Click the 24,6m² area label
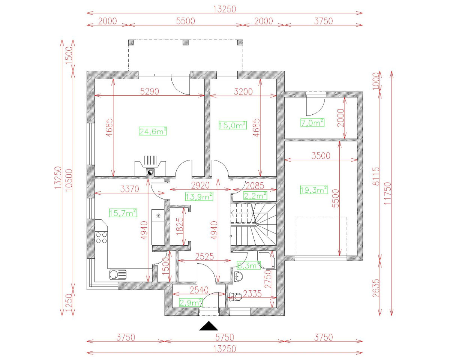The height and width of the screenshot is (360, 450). (153, 131)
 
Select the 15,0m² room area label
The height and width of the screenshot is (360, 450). (233, 125)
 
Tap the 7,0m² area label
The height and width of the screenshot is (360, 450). (312, 123)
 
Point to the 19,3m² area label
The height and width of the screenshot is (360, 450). (314, 190)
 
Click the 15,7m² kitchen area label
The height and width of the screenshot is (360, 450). (123, 213)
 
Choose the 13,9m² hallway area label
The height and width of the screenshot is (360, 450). (199, 196)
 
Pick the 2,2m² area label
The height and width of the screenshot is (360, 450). (255, 196)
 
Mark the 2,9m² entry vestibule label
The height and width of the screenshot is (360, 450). (191, 303)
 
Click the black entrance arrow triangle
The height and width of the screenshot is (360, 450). (208, 326)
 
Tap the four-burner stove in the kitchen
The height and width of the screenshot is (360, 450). (101, 238)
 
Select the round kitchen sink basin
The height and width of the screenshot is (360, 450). (114, 274)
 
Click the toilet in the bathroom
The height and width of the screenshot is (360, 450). (235, 297)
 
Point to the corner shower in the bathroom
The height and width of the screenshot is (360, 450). (267, 261)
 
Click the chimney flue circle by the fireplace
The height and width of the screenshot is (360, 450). (150, 172)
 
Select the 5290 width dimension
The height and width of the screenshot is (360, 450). (150, 91)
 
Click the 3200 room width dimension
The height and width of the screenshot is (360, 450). (243, 91)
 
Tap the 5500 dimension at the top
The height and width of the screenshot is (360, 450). (186, 21)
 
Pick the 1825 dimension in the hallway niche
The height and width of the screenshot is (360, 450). (180, 226)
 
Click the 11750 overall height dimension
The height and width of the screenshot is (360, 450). (387, 193)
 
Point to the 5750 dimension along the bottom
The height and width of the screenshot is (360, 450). (225, 337)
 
